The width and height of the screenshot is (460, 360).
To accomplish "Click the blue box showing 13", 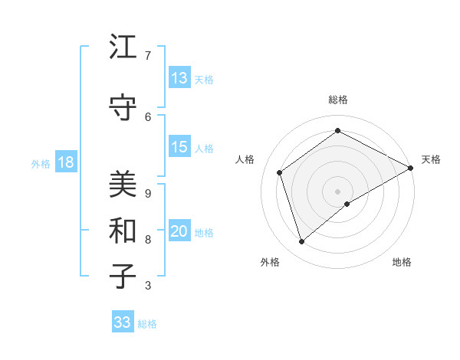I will click(x=179, y=78).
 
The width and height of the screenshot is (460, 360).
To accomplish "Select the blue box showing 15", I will click(x=179, y=148).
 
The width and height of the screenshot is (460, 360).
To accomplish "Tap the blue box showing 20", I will click(x=179, y=232).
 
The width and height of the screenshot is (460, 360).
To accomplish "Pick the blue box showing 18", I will click(x=65, y=162).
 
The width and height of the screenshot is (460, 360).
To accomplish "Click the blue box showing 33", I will click(x=123, y=322).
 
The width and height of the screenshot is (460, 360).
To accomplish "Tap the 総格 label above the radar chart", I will click(x=338, y=100).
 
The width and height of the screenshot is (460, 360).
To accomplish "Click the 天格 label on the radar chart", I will click(x=431, y=159).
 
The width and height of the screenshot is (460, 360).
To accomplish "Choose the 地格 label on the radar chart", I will click(x=402, y=262).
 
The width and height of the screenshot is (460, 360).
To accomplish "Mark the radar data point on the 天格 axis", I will click(x=411, y=167).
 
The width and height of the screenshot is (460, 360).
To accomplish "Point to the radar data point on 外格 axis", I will click(x=302, y=242).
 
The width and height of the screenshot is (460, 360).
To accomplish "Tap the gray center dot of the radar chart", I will click(x=337, y=191).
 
